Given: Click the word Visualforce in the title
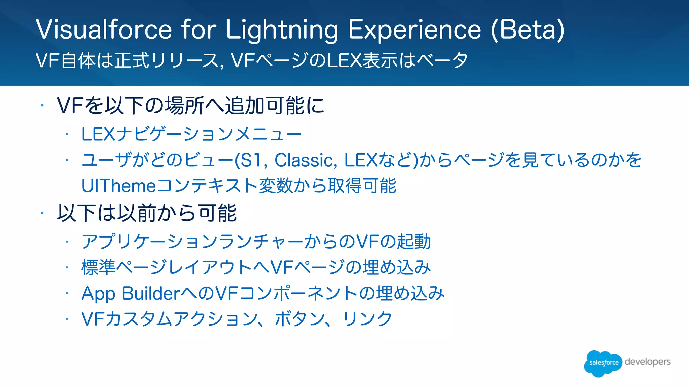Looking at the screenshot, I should click(x=104, y=30).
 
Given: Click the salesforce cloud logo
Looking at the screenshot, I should click(x=603, y=363).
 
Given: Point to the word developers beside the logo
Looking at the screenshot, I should click(x=648, y=362).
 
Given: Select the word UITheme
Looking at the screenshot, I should click(x=118, y=186).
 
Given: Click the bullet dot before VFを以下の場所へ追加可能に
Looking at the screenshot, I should click(x=42, y=106).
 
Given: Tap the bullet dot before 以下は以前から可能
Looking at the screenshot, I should click(x=42, y=213).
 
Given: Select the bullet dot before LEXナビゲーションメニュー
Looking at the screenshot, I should click(x=67, y=134).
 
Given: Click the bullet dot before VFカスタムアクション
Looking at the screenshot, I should click(x=67, y=319).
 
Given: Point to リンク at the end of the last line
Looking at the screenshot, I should click(x=367, y=319).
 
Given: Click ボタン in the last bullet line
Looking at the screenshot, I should click(x=300, y=319).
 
